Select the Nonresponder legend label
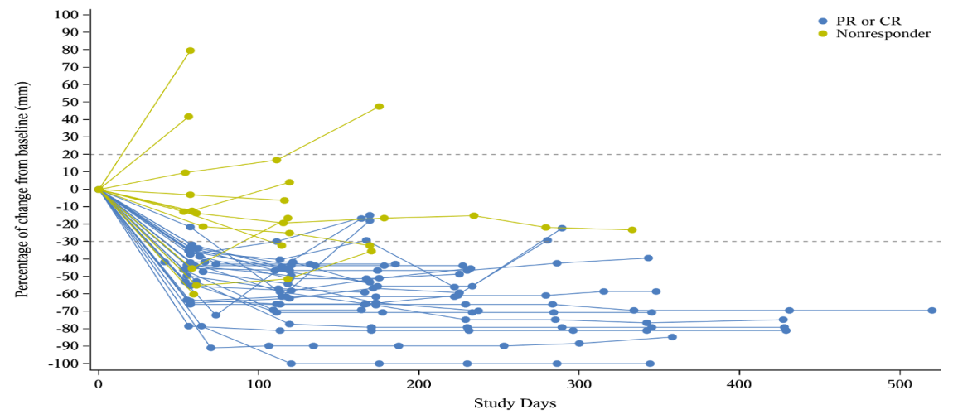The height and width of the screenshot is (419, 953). (883, 34)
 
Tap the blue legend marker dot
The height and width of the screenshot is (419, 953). (823, 21)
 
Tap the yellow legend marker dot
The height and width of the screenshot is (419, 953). (823, 34)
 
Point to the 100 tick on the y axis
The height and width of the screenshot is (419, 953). (67, 15)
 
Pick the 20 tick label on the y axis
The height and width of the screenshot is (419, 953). (71, 155)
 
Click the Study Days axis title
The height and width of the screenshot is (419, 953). (515, 404)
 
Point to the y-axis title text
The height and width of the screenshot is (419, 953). (23, 189)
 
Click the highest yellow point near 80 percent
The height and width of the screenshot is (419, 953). (190, 51)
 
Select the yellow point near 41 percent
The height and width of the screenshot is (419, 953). (188, 117)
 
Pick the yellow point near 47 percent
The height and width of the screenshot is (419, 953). (379, 107)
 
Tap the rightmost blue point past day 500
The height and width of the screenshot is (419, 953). (931, 311)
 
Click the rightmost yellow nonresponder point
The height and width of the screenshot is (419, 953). (631, 229)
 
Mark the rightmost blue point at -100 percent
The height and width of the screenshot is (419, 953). (650, 364)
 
